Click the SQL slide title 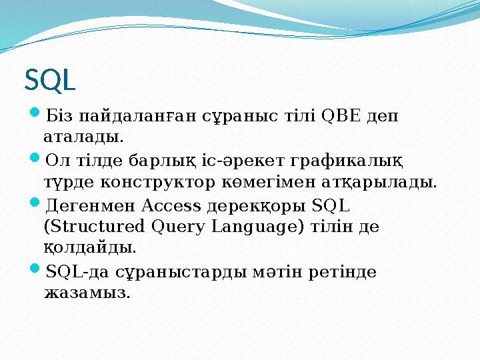pos(50,81)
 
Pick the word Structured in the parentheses pos(93,227)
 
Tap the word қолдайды pos(90,249)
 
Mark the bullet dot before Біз pos(36,116)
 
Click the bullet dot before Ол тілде pos(36,161)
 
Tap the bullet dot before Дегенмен pos(36,205)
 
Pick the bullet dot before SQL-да pos(36,271)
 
